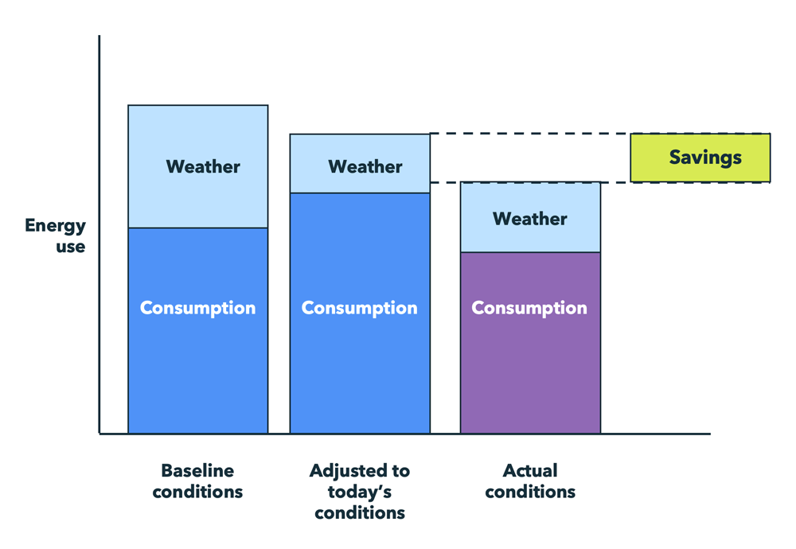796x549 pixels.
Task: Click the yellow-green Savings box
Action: pyautogui.click(x=700, y=158)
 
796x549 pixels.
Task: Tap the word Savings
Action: pyautogui.click(x=705, y=158)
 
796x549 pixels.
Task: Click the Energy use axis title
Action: pyautogui.click(x=55, y=236)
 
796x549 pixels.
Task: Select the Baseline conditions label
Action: pyautogui.click(x=197, y=481)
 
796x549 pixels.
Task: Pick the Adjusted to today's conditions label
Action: pyautogui.click(x=360, y=492)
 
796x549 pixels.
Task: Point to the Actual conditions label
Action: pyautogui.click(x=530, y=481)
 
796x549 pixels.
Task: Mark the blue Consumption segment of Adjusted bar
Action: pyautogui.click(x=360, y=366)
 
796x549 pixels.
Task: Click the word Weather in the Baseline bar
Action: pyautogui.click(x=203, y=167)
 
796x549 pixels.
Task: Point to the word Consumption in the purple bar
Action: pyautogui.click(x=529, y=308)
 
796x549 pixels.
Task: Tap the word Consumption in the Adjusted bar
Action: pyautogui.click(x=360, y=308)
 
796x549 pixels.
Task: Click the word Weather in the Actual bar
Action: pyautogui.click(x=530, y=219)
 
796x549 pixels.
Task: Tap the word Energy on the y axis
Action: pyautogui.click(x=55, y=226)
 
